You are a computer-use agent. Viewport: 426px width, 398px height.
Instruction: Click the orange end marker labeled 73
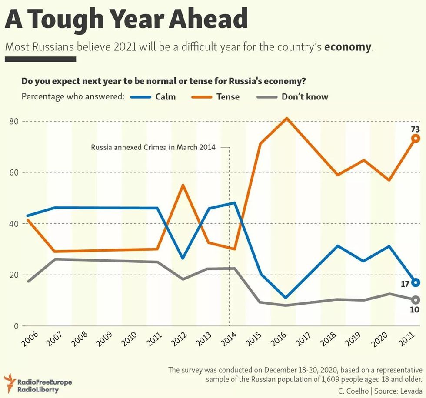pos(416,139)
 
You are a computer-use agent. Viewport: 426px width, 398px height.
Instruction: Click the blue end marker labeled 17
pos(416,282)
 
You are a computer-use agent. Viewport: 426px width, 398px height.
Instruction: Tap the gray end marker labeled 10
pos(416,300)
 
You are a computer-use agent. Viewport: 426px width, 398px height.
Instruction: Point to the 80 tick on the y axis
pos(14,121)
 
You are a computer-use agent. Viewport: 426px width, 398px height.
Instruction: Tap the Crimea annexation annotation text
pos(153,147)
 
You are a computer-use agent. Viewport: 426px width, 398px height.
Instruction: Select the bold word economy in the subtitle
pos(348,47)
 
